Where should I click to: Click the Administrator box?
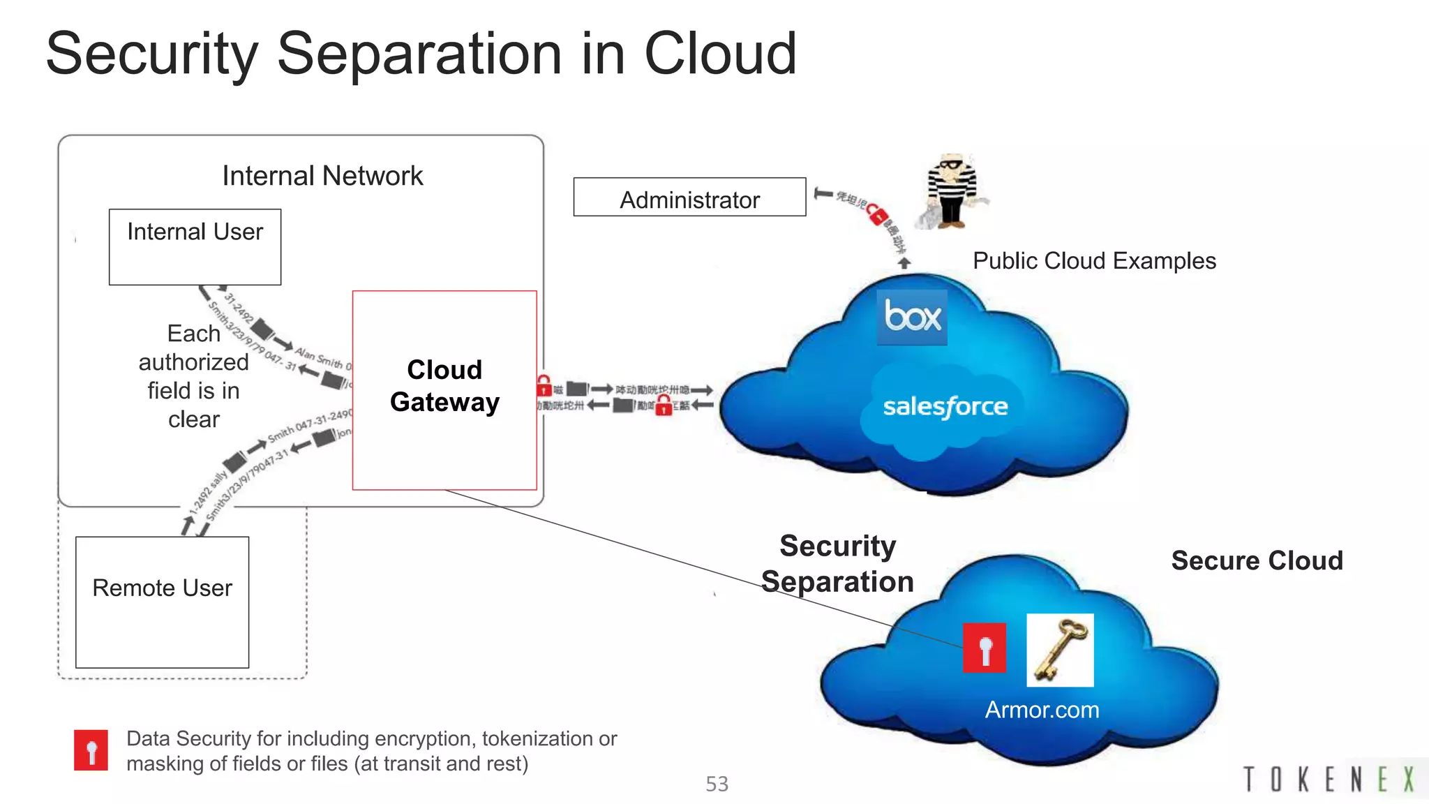pos(689,198)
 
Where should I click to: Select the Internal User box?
pos(195,246)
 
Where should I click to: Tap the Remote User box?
pos(162,602)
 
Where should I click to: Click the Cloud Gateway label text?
pos(444,386)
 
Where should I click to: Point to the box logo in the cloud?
pos(912,317)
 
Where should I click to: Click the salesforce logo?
pos(945,407)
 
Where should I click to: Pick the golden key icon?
pos(1060,650)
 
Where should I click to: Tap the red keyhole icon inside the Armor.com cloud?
pos(984,648)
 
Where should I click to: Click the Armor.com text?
pos(1042,710)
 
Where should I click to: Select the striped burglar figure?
pos(950,191)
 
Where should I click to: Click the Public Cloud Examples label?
pos(1094,261)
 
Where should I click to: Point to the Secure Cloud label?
pos(1257,560)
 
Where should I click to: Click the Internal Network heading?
pos(322,176)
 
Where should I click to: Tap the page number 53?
pos(717,784)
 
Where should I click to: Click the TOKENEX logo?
pos(1329,779)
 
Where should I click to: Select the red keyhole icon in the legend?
pos(91,750)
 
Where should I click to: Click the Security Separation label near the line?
pos(837,563)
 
